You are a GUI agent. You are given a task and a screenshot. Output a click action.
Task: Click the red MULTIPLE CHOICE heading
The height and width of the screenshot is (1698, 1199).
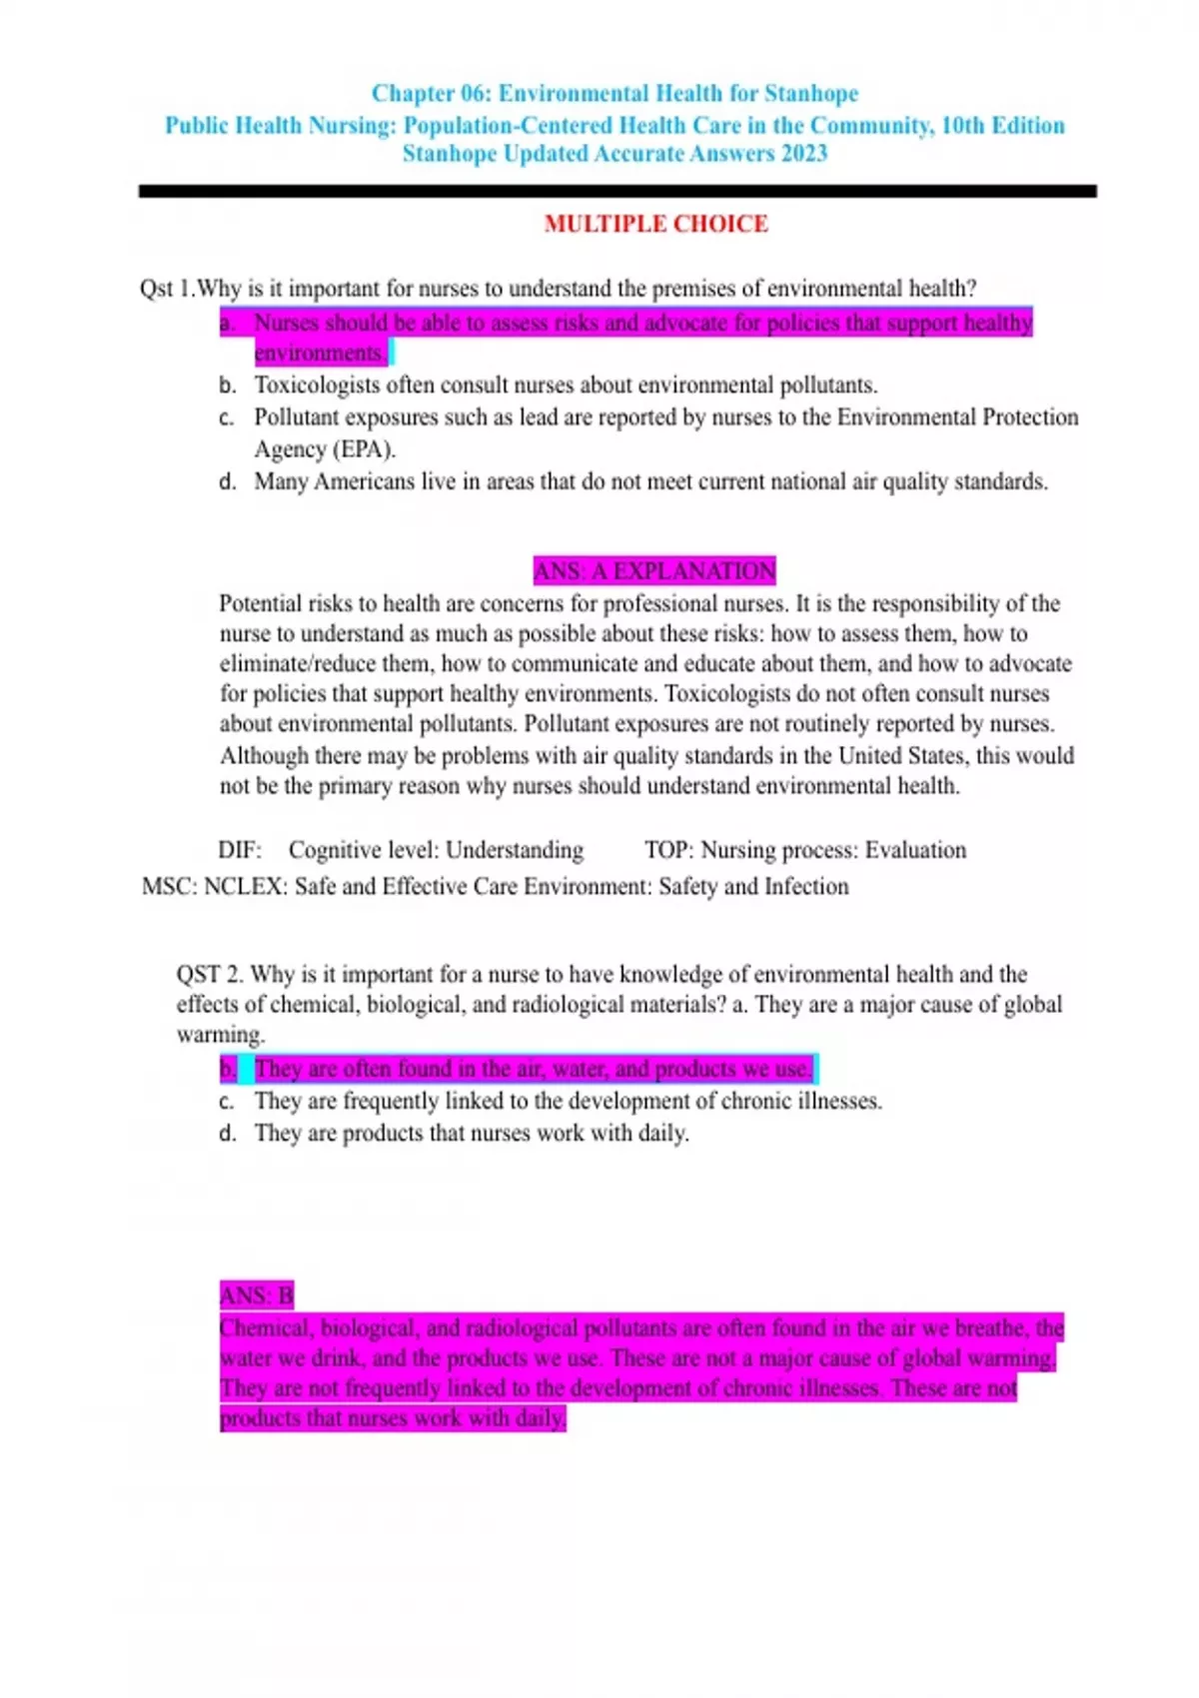[x=655, y=224]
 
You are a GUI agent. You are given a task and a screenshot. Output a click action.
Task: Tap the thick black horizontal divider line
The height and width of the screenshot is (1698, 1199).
[x=617, y=191]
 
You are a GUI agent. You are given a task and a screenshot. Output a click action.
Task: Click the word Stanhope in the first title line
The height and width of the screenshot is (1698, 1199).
[x=810, y=94]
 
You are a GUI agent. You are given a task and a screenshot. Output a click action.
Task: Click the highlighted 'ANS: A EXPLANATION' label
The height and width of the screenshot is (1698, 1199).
[x=654, y=571]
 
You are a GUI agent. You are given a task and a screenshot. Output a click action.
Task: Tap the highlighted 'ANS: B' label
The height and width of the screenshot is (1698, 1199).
[x=257, y=1296]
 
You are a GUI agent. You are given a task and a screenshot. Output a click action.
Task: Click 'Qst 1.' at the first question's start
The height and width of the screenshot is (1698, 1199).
[x=167, y=289]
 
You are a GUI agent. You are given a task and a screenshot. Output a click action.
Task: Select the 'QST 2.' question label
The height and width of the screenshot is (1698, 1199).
[x=210, y=975]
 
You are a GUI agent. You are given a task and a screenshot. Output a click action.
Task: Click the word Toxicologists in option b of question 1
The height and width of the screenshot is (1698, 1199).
[x=317, y=386]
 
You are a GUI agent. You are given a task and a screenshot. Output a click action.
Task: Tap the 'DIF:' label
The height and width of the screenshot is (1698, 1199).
[x=240, y=850]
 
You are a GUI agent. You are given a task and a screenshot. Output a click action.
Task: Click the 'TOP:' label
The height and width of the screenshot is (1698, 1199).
[x=668, y=850]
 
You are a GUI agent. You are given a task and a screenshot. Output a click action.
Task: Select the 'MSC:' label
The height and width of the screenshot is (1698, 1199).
[x=170, y=887]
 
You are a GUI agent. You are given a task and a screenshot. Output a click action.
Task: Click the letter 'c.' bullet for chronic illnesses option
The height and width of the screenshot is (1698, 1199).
[x=227, y=1102]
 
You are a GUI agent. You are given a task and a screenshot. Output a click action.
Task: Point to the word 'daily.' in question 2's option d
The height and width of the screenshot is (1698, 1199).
[x=661, y=1134]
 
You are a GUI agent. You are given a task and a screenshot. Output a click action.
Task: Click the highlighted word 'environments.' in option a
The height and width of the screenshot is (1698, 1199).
[x=320, y=354]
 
